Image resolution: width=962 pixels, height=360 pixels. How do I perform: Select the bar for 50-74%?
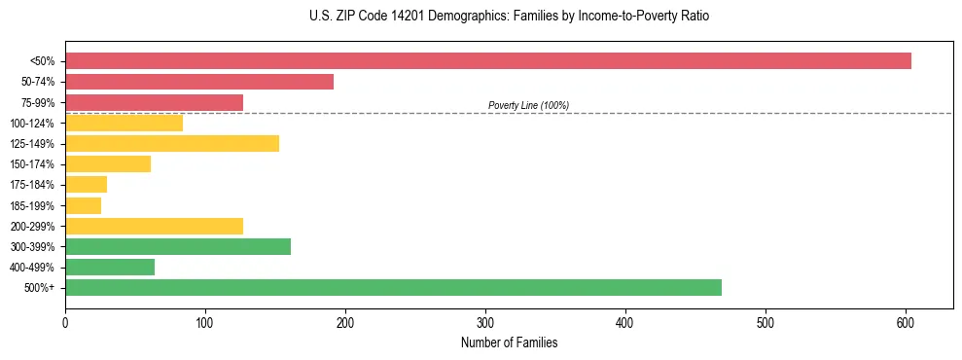click(199, 82)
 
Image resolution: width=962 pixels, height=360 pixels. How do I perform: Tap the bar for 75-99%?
click(154, 102)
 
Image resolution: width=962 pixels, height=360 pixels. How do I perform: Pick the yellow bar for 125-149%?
click(172, 143)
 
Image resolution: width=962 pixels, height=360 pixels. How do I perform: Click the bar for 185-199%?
click(83, 205)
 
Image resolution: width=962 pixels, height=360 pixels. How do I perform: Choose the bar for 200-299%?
click(154, 226)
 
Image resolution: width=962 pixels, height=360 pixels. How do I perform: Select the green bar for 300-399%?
click(178, 246)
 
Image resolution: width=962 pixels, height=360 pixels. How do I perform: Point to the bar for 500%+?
click(393, 287)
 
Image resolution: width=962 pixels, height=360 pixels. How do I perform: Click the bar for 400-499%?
click(110, 267)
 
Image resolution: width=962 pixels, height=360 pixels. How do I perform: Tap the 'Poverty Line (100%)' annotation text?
click(528, 105)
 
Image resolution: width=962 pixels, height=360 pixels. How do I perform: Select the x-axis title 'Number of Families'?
click(509, 342)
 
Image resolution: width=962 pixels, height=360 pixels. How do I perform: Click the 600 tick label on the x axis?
click(906, 321)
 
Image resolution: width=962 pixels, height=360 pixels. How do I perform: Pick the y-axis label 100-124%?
click(32, 124)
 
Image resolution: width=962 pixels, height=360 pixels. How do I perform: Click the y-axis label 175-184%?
click(32, 185)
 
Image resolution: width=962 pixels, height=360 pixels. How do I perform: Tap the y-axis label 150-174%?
click(32, 164)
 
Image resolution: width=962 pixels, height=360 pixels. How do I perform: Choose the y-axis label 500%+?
click(39, 288)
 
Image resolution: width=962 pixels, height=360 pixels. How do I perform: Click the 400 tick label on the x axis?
click(625, 321)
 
